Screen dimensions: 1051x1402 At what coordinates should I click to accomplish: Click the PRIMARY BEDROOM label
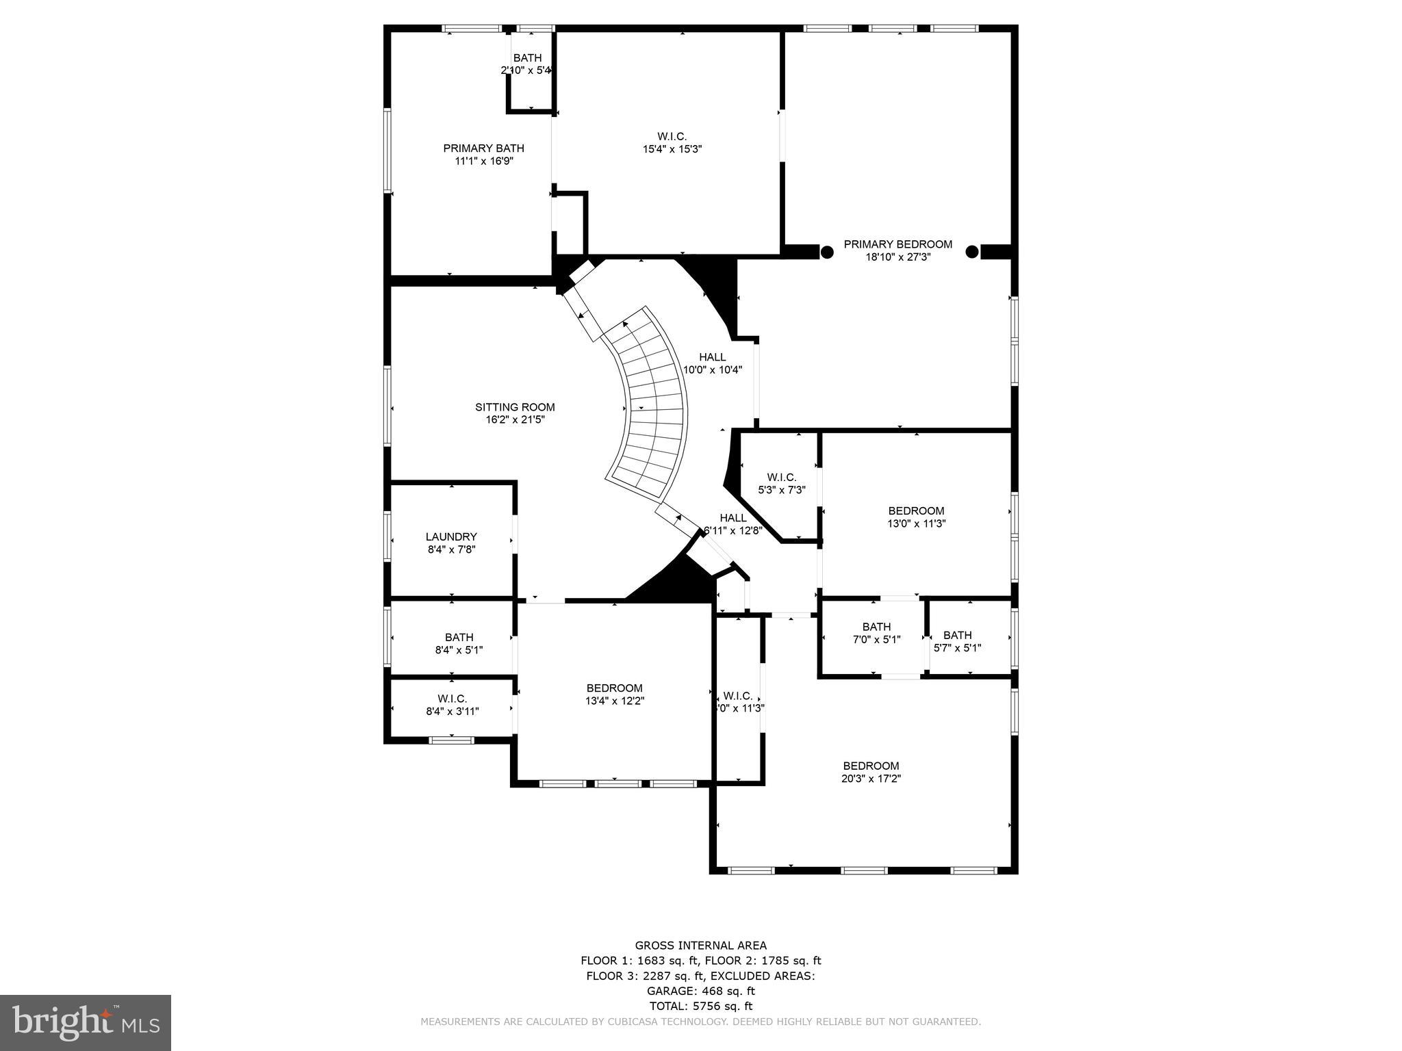coord(897,244)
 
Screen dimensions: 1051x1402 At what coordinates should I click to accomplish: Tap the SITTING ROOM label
coord(515,407)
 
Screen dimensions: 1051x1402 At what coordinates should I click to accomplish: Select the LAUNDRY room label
coord(450,537)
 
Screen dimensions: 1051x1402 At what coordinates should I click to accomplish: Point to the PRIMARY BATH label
coord(483,148)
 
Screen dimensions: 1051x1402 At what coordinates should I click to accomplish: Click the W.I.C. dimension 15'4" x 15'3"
coord(670,149)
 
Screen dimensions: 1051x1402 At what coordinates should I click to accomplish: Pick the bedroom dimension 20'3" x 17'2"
coord(871,779)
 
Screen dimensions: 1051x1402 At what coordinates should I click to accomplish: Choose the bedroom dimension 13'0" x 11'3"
coord(916,523)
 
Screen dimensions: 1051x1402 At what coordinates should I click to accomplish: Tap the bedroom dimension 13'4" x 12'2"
coord(614,701)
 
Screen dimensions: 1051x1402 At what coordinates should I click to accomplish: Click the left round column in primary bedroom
coord(827,252)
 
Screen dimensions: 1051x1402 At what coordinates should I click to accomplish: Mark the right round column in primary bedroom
coord(971,252)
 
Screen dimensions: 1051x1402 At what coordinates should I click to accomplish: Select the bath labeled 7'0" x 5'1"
coord(876,633)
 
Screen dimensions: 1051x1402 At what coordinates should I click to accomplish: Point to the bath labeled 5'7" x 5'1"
coord(957,641)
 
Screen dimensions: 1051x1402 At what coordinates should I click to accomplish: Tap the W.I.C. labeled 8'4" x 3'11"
coord(452,705)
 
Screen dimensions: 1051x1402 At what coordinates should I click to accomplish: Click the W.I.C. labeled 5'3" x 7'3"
coord(781,483)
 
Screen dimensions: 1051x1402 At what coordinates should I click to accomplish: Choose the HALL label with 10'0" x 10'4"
coord(712,363)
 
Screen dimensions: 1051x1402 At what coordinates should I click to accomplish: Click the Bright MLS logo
coord(86,1022)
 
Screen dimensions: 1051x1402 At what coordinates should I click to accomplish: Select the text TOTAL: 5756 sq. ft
coord(700,1006)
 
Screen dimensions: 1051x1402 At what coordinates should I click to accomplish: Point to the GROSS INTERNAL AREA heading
coord(700,946)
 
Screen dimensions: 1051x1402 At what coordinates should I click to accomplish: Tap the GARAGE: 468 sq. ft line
coord(700,991)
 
